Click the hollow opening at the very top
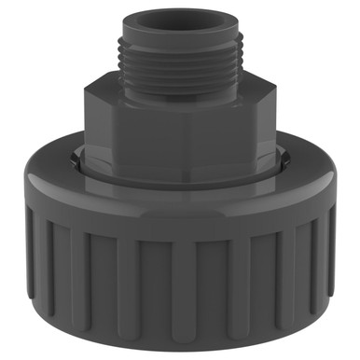[x=180, y=15]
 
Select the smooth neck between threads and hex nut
[x=179, y=78]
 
